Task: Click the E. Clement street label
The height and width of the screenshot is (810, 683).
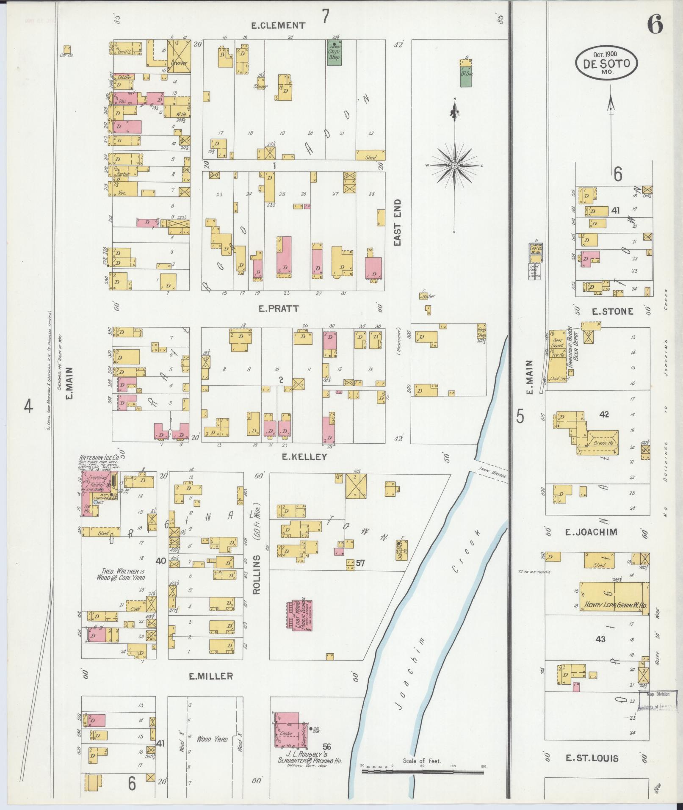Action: tap(278, 25)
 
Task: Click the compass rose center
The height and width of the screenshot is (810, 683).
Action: tap(454, 166)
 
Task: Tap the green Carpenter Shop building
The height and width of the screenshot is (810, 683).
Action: tap(335, 53)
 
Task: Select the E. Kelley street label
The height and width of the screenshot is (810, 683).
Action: tap(305, 457)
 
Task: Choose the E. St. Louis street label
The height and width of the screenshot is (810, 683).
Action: tap(592, 758)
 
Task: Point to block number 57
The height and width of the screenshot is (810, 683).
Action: tap(361, 563)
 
